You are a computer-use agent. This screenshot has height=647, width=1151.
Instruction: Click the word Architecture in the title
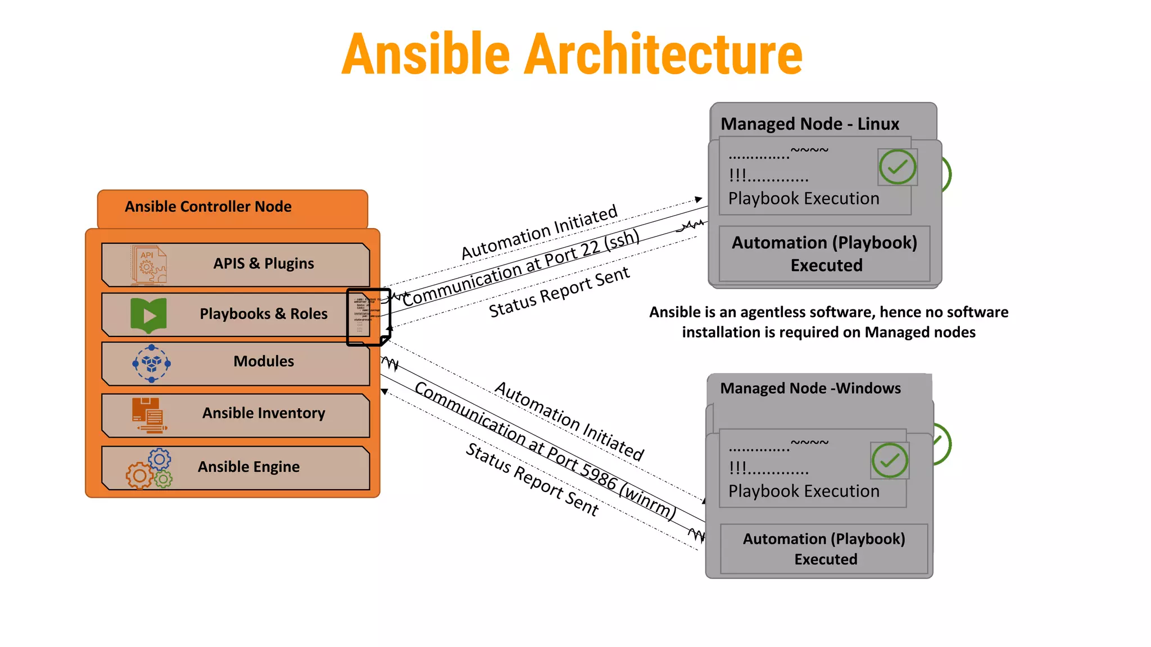[663, 54]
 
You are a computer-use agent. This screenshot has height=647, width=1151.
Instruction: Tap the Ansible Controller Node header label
[208, 207]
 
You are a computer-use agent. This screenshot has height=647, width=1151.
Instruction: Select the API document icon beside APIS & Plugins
[148, 264]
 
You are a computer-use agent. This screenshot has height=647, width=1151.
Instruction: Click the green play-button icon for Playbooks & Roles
[148, 315]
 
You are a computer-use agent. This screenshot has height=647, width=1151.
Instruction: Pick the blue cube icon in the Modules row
[151, 363]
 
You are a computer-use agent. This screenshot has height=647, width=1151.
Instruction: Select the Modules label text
[264, 361]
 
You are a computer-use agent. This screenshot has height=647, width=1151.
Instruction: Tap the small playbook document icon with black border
[368, 317]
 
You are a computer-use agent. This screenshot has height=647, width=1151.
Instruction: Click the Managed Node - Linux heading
[810, 124]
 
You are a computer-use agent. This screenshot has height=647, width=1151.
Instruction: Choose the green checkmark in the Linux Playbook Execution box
[897, 167]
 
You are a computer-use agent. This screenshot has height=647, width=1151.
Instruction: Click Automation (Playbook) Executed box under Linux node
[824, 254]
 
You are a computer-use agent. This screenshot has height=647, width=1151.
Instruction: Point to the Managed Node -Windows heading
[810, 388]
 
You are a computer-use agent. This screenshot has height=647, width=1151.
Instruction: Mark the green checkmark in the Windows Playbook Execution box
[890, 461]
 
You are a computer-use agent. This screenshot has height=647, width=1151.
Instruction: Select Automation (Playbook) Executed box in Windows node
[824, 549]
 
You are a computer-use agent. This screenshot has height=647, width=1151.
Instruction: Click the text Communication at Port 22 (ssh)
[520, 268]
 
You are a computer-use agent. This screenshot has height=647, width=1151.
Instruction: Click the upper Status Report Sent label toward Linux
[559, 292]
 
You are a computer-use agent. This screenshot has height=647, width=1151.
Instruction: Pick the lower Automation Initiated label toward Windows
[569, 421]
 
